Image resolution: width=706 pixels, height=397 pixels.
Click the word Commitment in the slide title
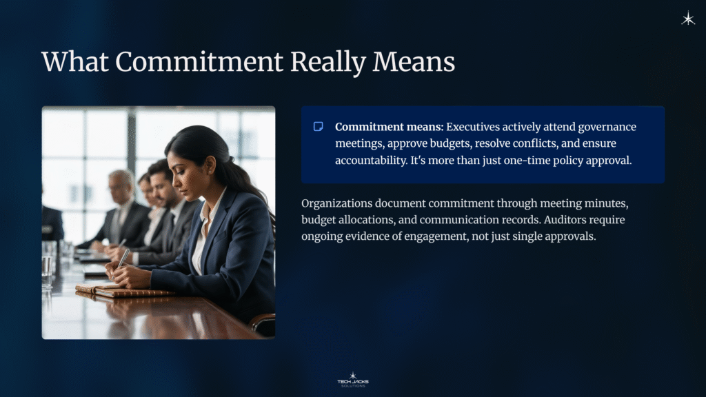pos(199,62)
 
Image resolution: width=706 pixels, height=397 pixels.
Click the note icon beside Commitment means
pos(319,127)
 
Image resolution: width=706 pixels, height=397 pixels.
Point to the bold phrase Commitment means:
pos(389,127)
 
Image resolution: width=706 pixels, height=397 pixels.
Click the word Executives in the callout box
pos(479,127)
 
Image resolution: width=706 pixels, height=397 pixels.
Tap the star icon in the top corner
pos(687,19)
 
